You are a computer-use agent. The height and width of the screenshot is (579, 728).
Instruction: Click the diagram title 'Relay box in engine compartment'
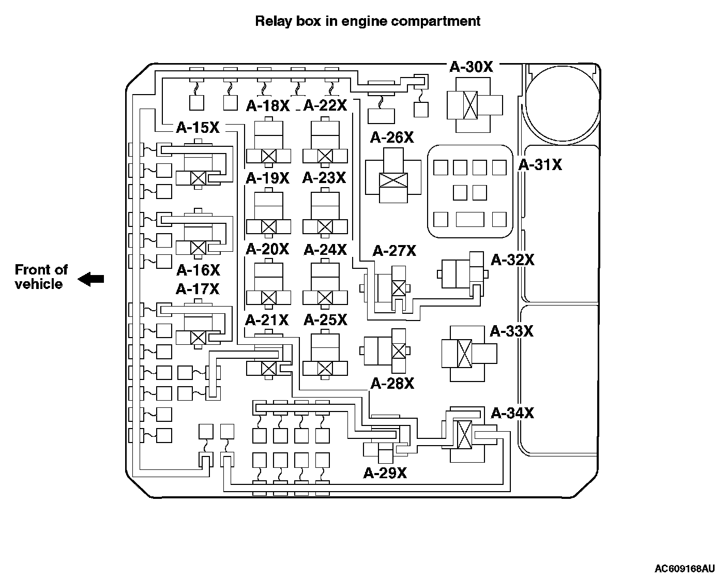[x=368, y=21]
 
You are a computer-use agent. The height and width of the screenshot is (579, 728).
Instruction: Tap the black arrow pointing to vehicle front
[x=90, y=279]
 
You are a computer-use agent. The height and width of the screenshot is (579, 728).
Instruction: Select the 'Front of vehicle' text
[x=41, y=277]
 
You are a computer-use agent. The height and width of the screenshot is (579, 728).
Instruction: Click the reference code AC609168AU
[x=685, y=569]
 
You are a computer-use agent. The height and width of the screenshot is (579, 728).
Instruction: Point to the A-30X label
[x=471, y=67]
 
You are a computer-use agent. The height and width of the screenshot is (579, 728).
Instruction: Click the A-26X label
[x=392, y=138]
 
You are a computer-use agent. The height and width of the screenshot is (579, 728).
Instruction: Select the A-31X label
[x=540, y=165]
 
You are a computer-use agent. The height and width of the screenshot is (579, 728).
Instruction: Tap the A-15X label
[x=198, y=128]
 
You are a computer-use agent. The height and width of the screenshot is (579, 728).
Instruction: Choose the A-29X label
[x=385, y=473]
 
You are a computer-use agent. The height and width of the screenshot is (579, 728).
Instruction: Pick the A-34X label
[x=512, y=413]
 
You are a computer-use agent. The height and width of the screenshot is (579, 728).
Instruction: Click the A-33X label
[x=511, y=331]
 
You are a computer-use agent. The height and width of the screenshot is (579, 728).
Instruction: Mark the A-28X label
[x=392, y=384]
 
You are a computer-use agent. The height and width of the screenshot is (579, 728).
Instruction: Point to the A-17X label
[x=198, y=289]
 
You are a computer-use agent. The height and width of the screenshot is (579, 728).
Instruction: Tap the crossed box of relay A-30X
[x=470, y=105]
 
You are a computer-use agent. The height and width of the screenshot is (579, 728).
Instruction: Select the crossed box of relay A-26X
[x=393, y=180]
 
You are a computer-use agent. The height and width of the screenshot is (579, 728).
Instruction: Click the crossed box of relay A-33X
[x=464, y=354]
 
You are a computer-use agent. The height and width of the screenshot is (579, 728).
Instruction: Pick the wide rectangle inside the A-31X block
[x=470, y=219]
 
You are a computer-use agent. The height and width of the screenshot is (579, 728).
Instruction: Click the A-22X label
[x=325, y=105]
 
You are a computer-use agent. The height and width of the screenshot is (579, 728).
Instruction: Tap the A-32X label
[x=512, y=260]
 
